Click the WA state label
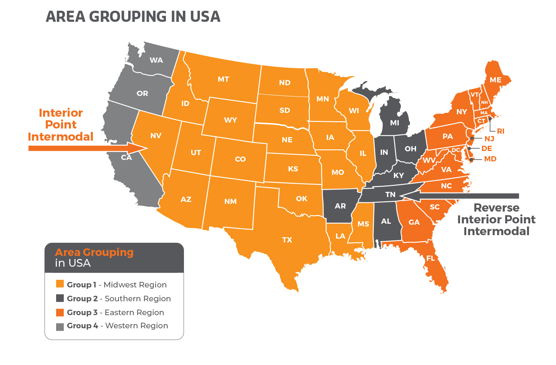156,60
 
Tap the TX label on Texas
287,240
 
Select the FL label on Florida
430,258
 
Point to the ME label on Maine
495,80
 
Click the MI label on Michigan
395,123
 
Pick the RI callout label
501,131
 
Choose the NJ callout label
489,139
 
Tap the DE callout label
487,149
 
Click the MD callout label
490,159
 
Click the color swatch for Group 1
60,284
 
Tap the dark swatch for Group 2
60,298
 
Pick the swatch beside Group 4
60,327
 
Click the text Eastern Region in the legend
134,312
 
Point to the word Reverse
496,208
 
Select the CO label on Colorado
240,159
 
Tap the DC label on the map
456,150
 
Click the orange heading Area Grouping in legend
94,252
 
